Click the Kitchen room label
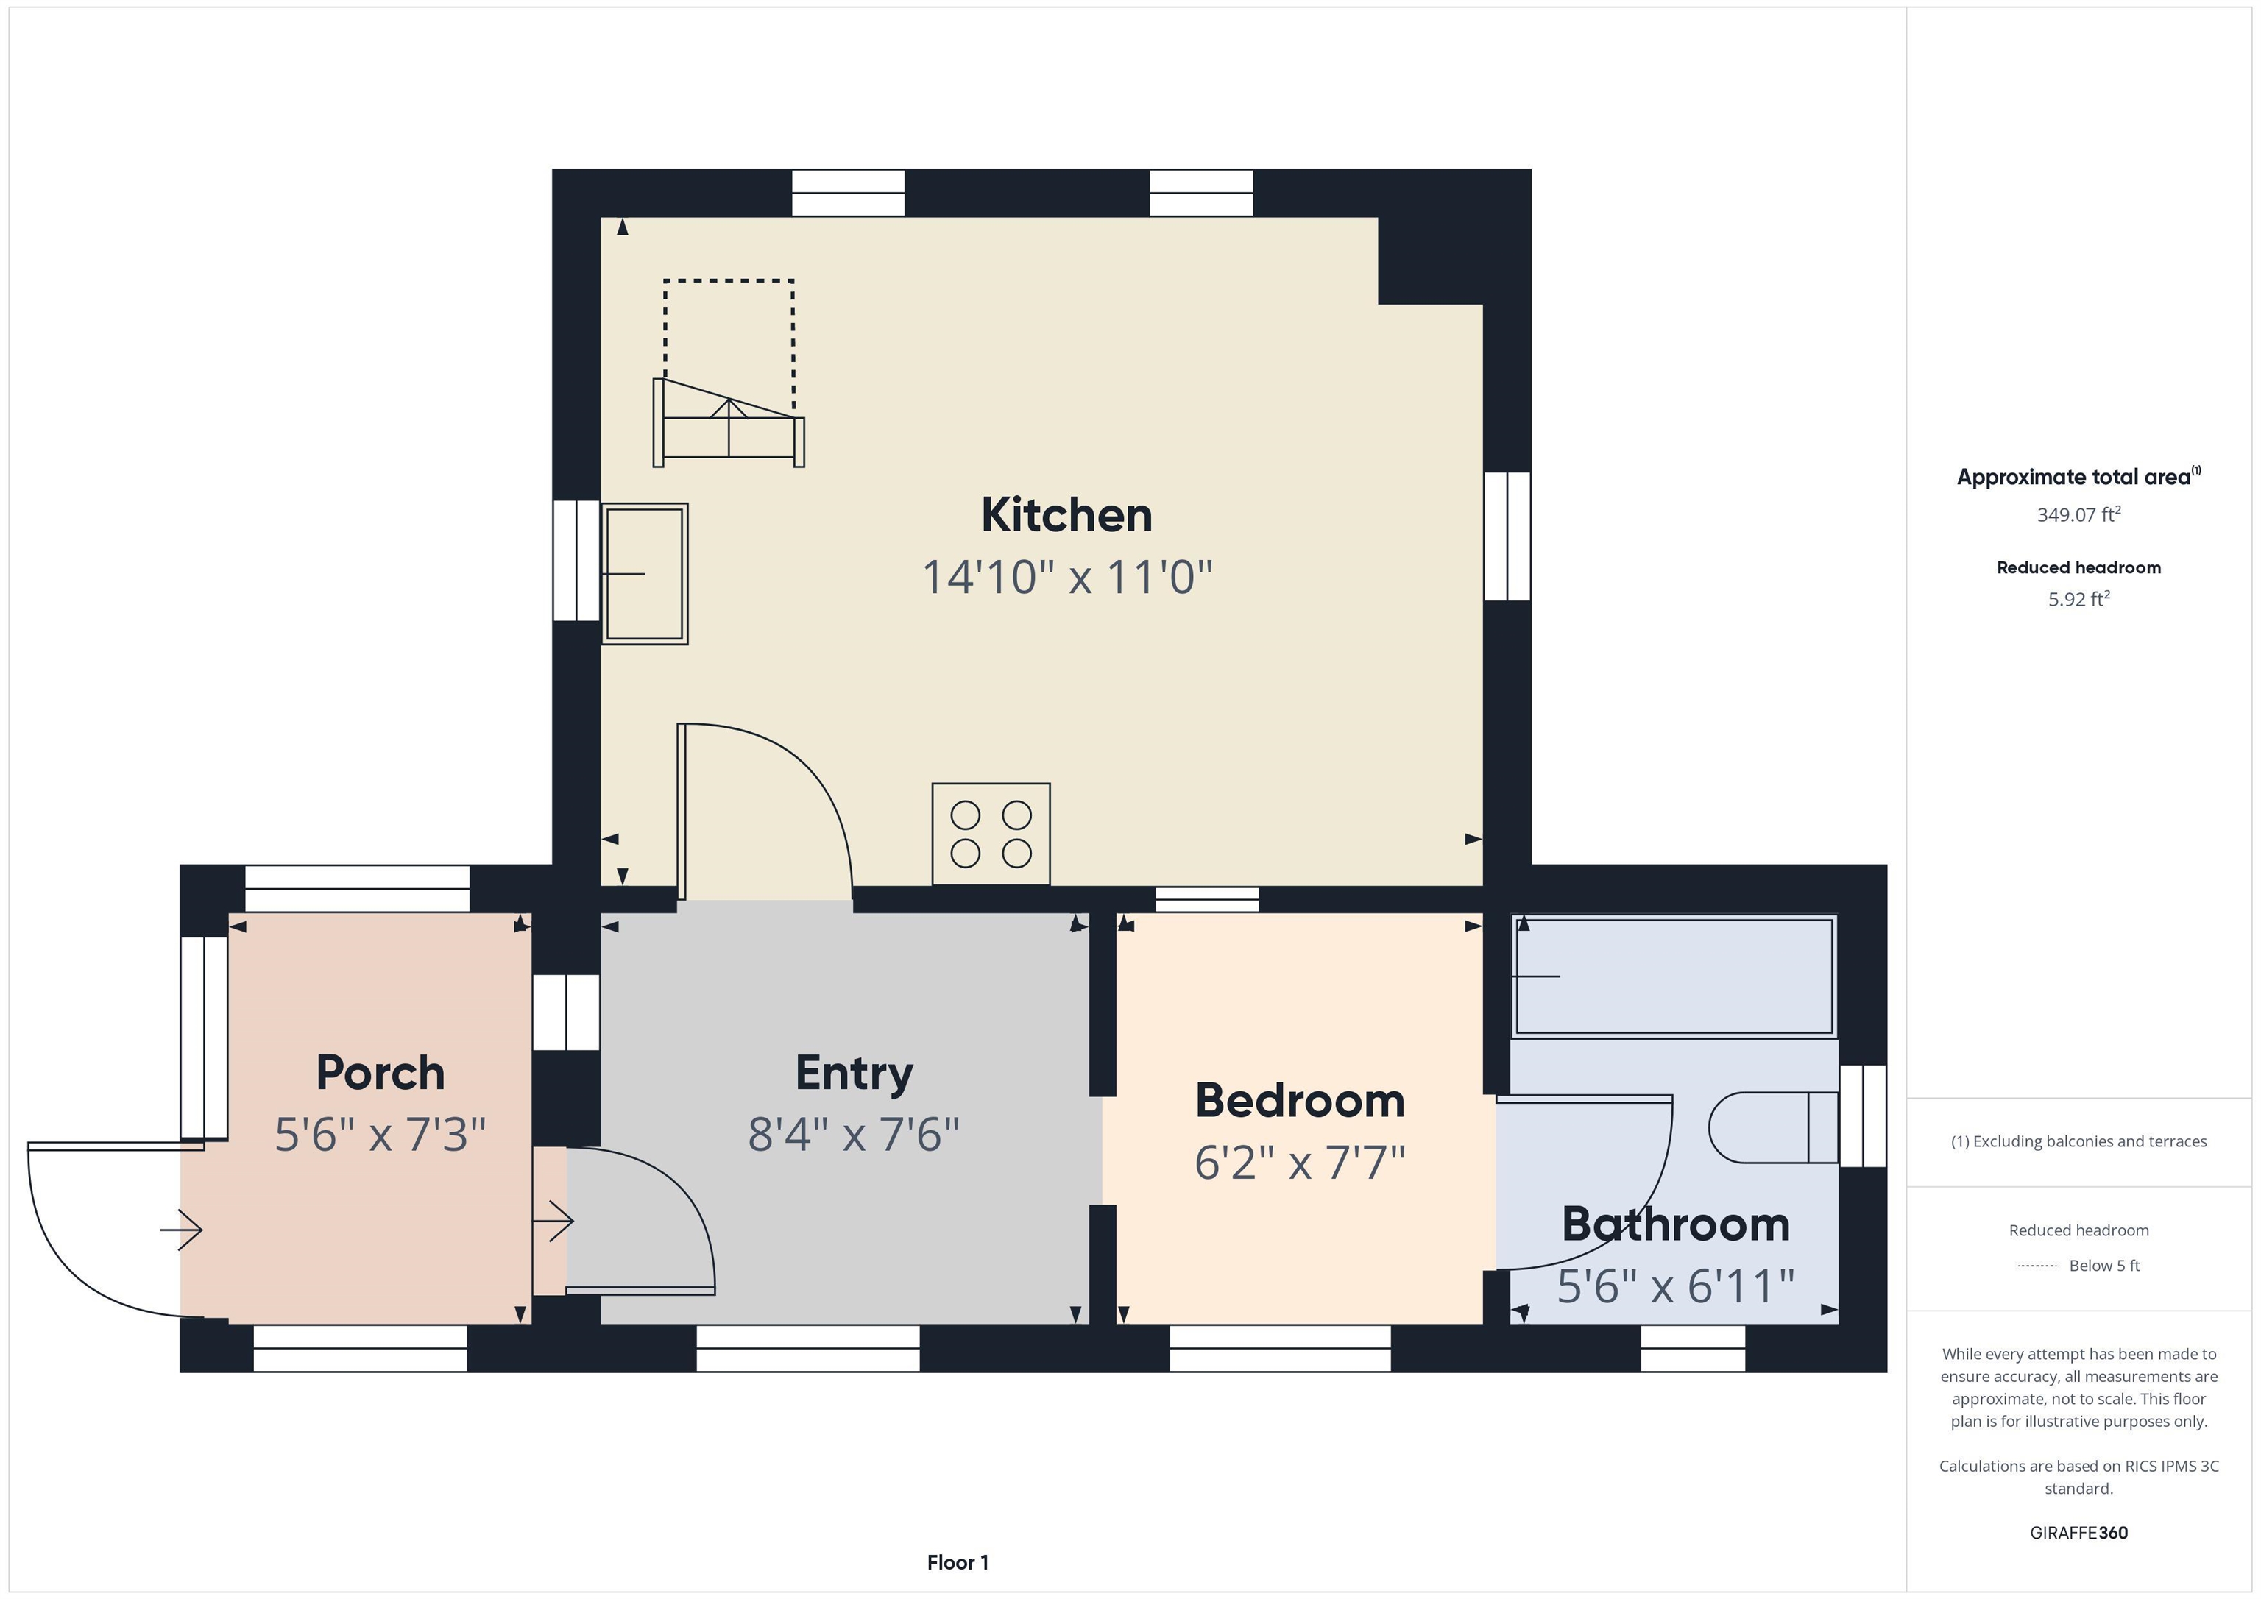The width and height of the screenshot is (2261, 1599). (x=1066, y=515)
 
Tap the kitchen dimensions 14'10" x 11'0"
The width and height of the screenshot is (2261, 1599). (x=1066, y=577)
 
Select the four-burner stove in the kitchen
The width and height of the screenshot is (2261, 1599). (x=991, y=834)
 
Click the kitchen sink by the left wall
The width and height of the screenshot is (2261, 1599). (x=645, y=574)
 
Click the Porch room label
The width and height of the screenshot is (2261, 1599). (x=380, y=1072)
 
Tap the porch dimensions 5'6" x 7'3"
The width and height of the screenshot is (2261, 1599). (x=380, y=1134)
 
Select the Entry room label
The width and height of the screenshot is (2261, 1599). (x=854, y=1072)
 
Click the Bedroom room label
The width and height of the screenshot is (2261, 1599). (x=1300, y=1100)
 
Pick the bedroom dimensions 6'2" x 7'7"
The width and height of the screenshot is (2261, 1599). (x=1300, y=1163)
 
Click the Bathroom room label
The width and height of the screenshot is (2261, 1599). (x=1676, y=1224)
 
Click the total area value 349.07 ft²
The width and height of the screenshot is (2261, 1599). (x=2078, y=514)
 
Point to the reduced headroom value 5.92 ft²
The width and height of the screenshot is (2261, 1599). (x=2078, y=599)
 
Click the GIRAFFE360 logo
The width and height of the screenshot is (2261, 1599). (x=2078, y=1532)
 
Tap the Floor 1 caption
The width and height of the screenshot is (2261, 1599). (x=958, y=1561)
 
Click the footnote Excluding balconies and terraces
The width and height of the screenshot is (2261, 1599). (x=2078, y=1141)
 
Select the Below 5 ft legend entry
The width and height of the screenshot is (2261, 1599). (x=2103, y=1265)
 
